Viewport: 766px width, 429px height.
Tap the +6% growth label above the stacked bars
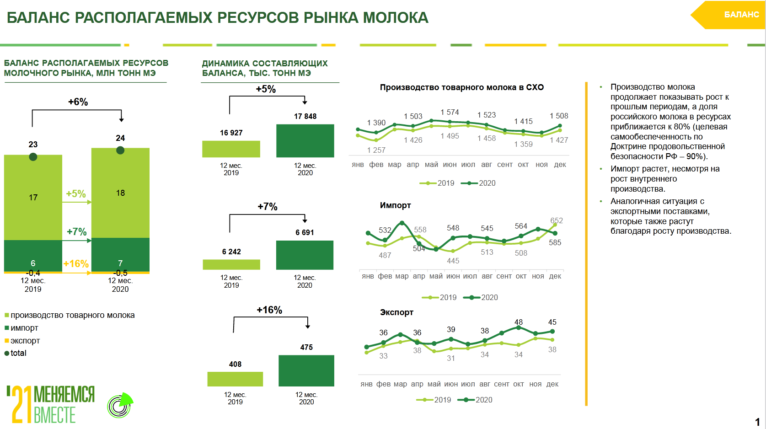click(x=78, y=102)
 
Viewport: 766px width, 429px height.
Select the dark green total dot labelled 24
click(x=120, y=150)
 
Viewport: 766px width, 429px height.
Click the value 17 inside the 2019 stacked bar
click(x=33, y=198)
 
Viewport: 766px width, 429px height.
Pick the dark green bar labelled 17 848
click(x=305, y=141)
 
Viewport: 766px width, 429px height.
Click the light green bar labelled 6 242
click(x=231, y=264)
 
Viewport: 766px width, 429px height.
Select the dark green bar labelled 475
click(x=306, y=371)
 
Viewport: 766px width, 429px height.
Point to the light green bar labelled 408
click(x=235, y=379)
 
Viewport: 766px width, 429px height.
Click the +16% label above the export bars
click(x=269, y=310)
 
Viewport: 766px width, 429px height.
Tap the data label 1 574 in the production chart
click(x=450, y=113)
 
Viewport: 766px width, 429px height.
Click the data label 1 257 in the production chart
click(x=376, y=150)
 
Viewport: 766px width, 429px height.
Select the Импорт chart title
click(x=395, y=205)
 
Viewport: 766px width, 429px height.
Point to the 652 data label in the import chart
click(x=557, y=220)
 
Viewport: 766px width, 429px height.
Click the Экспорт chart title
click(x=396, y=312)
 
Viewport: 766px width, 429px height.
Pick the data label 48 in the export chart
click(x=519, y=322)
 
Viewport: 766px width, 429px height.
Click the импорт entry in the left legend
click(x=24, y=328)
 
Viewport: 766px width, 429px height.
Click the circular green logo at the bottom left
click(x=119, y=406)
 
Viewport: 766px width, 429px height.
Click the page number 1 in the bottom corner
click(x=757, y=422)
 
